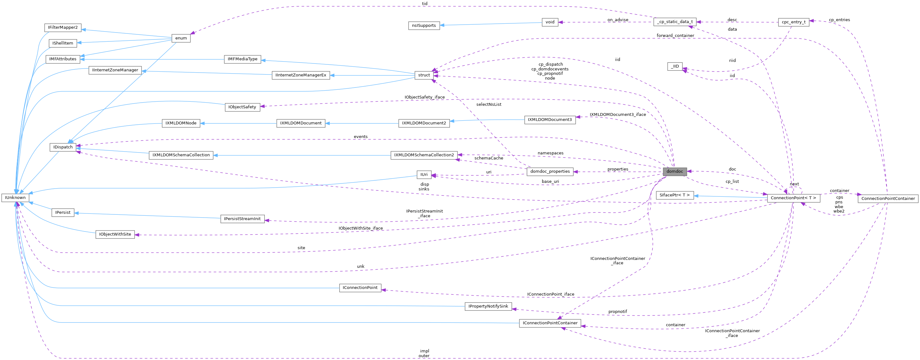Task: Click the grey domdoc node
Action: click(674, 171)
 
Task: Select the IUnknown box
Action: click(15, 197)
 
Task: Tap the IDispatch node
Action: click(63, 147)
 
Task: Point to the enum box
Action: click(181, 38)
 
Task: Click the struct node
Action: click(424, 75)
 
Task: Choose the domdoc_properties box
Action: click(550, 171)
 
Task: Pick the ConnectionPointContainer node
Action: click(888, 199)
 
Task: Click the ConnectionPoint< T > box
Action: click(793, 198)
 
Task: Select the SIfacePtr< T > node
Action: click(674, 195)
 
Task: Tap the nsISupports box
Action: click(424, 26)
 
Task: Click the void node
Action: click(550, 22)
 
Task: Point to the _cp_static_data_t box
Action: click(674, 22)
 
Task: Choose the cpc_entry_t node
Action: click(794, 22)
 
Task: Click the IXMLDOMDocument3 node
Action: click(550, 120)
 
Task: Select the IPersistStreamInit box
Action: click(243, 219)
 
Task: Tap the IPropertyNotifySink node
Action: click(488, 306)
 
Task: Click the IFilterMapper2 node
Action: click(63, 27)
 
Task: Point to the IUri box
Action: click(424, 175)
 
